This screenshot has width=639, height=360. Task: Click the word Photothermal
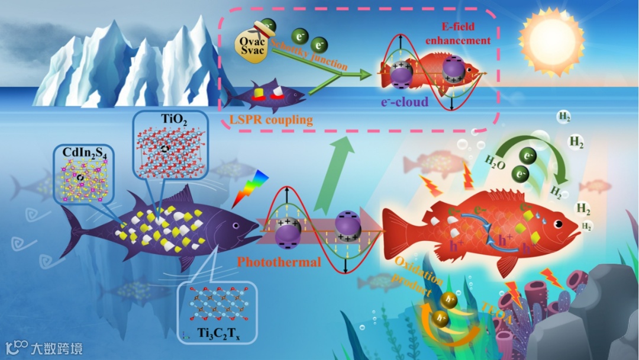(279, 261)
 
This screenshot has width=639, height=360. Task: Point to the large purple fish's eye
(236, 226)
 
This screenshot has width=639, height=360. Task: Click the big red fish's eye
(557, 225)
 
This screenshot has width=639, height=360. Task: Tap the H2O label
(495, 160)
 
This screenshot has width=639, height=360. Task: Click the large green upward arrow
(337, 172)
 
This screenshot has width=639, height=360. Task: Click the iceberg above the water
(130, 65)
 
